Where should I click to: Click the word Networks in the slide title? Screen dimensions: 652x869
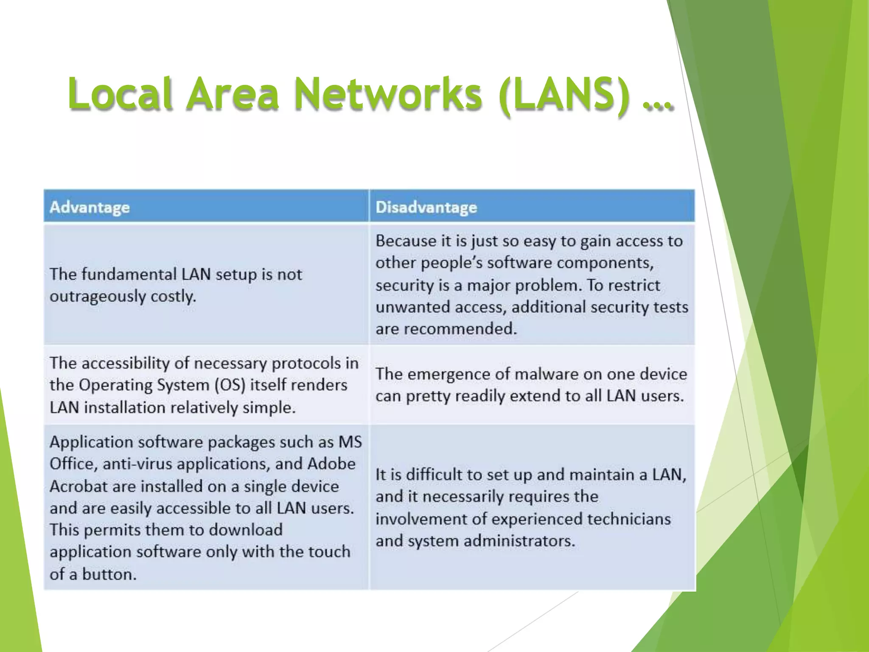388,94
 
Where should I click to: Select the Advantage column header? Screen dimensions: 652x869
90,207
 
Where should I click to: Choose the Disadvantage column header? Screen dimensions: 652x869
426,207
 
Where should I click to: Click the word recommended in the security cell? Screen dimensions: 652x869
460,329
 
